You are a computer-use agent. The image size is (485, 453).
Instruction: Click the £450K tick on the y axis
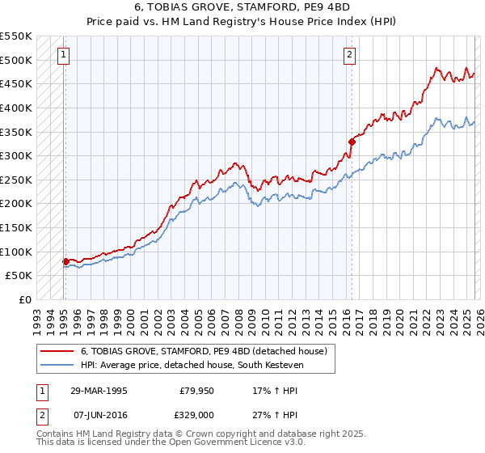pos(16,83)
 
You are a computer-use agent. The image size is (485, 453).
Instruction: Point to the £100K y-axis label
pos(16,252)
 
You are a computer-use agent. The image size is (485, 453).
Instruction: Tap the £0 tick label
pos(24,299)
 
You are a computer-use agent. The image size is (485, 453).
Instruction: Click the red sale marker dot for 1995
pos(65,261)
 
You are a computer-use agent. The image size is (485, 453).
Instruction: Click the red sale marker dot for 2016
pos(352,142)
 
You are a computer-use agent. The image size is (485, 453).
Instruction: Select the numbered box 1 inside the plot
pos(64,55)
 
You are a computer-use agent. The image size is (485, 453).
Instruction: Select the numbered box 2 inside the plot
pos(349,55)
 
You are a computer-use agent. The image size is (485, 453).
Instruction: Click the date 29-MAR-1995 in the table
pos(98,390)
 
